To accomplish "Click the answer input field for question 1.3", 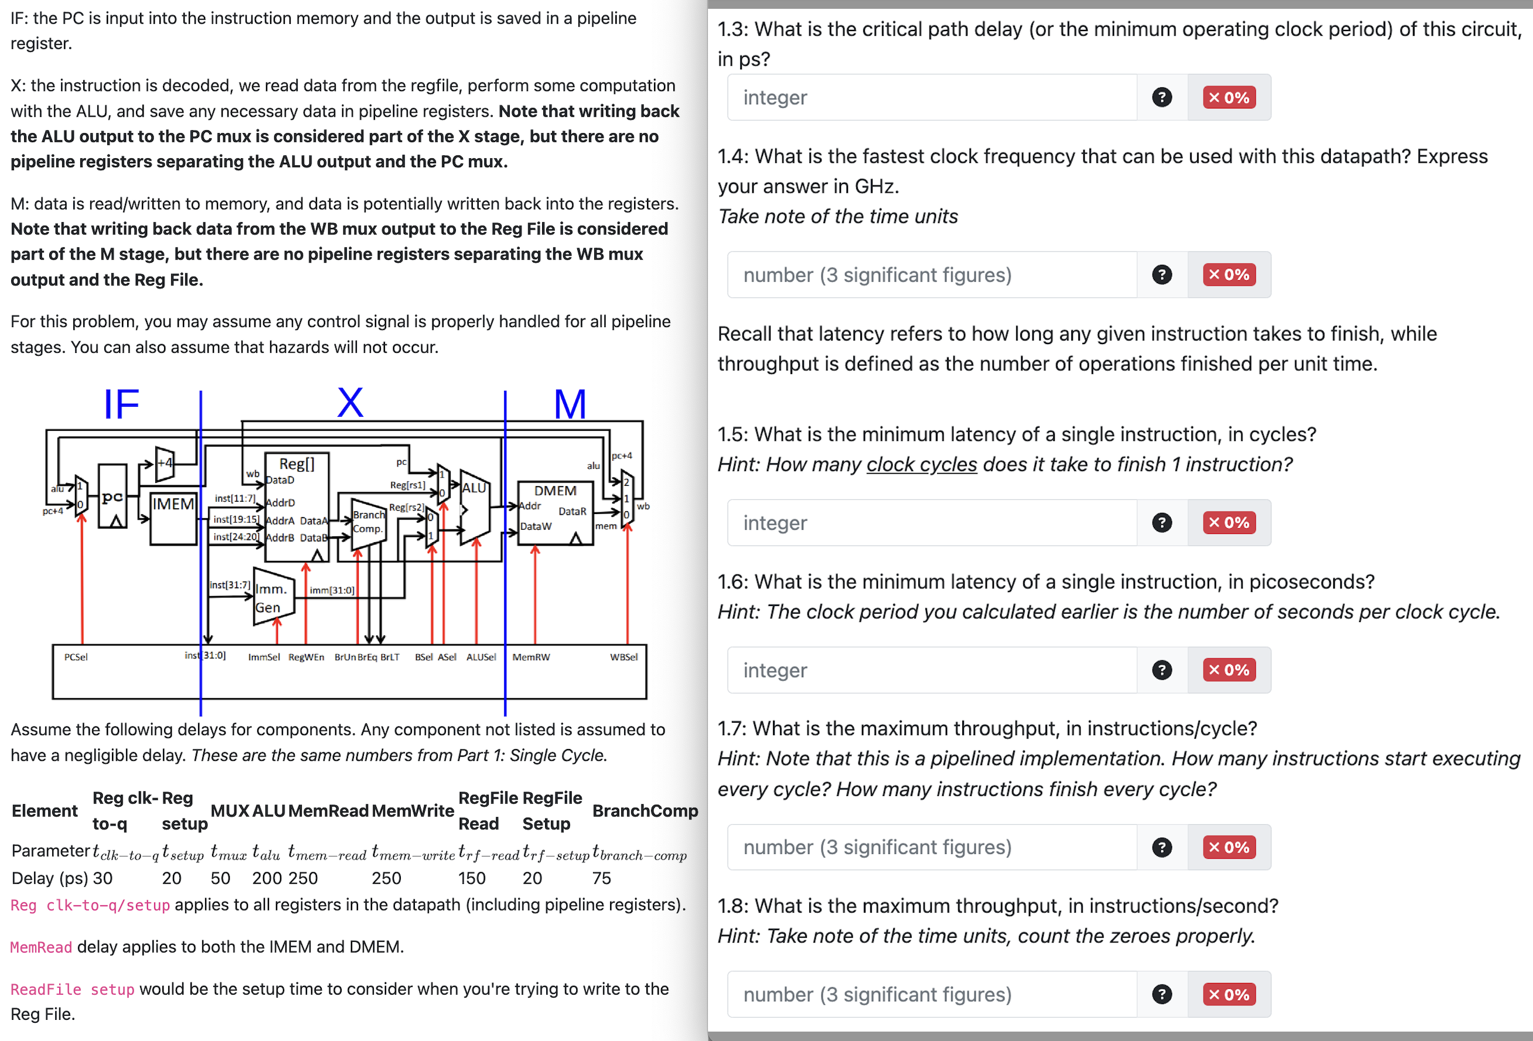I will click(931, 98).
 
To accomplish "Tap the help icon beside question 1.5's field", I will click(1161, 522).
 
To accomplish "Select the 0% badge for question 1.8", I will click(1229, 994).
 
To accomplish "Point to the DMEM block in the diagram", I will click(555, 512).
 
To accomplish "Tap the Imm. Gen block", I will click(271, 598).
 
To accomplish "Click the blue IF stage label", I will click(121, 404).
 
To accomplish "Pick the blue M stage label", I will click(570, 404).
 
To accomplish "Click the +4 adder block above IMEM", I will click(165, 463).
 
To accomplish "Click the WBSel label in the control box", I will click(624, 657).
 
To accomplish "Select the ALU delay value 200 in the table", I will click(267, 878).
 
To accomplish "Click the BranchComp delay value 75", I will click(601, 878).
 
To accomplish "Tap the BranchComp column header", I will click(645, 811).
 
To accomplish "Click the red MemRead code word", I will click(41, 947).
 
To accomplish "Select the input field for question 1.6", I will click(931, 670).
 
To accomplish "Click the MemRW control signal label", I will click(531, 657).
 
